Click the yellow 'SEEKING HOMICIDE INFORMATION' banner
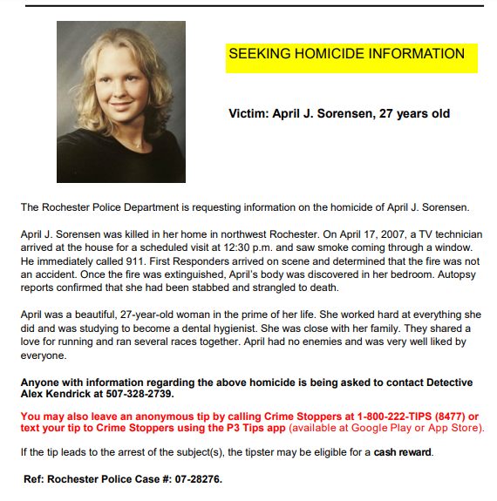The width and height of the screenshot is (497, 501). pyautogui.click(x=347, y=55)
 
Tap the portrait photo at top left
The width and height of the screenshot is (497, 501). pyautogui.click(x=120, y=102)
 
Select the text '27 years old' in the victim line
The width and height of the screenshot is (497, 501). pyautogui.click(x=414, y=114)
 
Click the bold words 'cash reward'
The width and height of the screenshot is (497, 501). pyautogui.click(x=403, y=452)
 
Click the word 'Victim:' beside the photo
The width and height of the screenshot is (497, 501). pyautogui.click(x=251, y=114)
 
